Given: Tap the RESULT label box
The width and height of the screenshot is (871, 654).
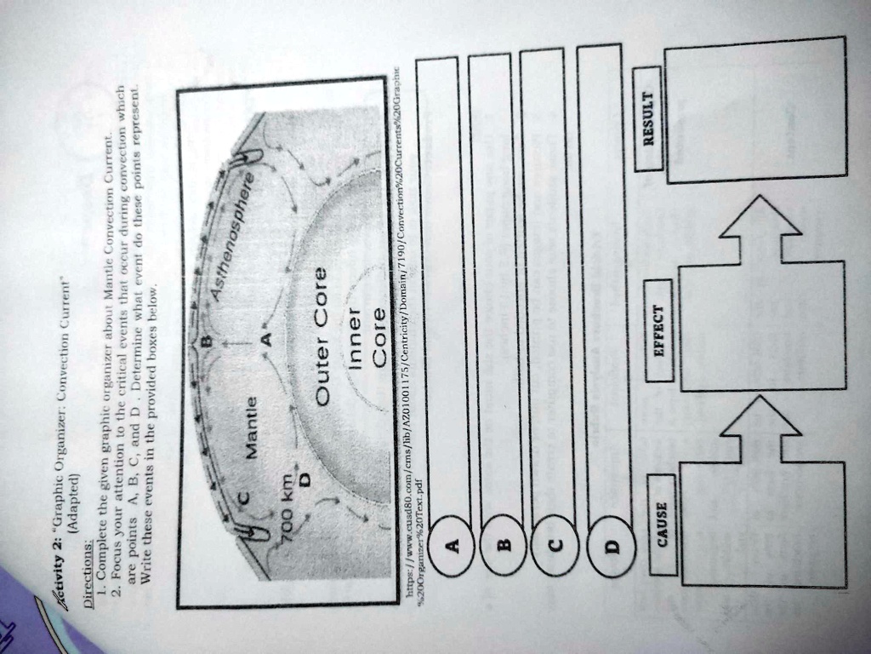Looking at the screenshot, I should pyautogui.click(x=649, y=118).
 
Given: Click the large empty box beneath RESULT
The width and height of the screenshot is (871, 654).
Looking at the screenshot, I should pyautogui.click(x=754, y=110).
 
